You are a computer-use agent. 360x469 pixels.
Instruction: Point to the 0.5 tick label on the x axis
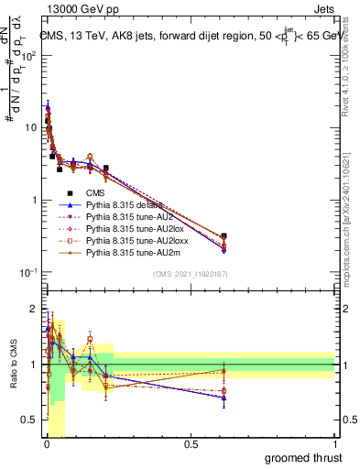pyautogui.click(x=191, y=444)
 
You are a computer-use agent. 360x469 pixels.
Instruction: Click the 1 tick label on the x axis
pyautogui.click(x=336, y=444)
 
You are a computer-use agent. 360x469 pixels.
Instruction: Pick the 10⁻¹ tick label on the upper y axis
pyautogui.click(x=27, y=272)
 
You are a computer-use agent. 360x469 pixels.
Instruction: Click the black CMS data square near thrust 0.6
pyautogui.click(x=224, y=235)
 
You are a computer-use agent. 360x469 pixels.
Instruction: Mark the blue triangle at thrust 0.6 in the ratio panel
pyautogui.click(x=224, y=397)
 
